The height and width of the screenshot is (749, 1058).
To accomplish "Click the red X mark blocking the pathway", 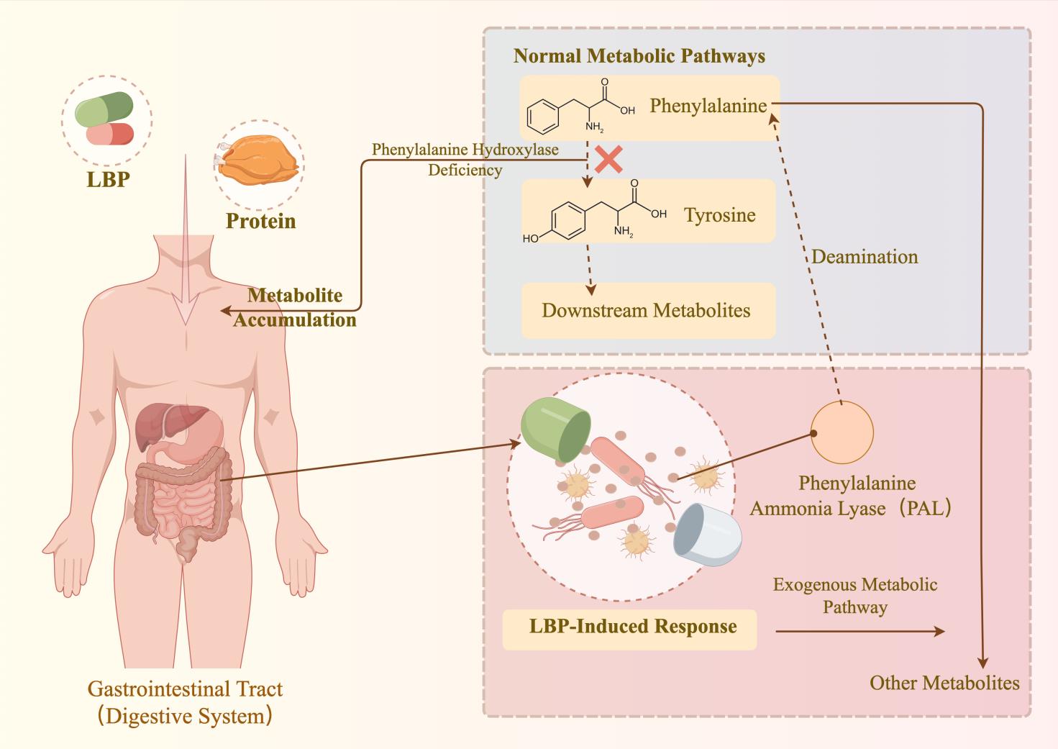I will (608, 160).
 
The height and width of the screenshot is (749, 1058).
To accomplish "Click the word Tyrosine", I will (719, 215).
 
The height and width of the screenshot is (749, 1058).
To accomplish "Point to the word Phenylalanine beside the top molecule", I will (708, 106).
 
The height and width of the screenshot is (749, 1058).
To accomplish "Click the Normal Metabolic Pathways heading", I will (639, 56).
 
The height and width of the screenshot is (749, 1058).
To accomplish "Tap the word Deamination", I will (865, 257).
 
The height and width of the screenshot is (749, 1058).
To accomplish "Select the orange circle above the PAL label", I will (842, 432).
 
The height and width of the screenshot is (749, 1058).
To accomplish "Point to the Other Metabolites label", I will (944, 683).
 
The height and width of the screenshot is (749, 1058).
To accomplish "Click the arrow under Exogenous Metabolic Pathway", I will (859, 631).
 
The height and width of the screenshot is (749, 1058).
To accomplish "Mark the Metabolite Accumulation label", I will (295, 307).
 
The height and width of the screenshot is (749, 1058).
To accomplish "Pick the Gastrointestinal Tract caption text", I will (186, 702).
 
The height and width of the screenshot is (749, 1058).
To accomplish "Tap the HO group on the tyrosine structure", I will (531, 238).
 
